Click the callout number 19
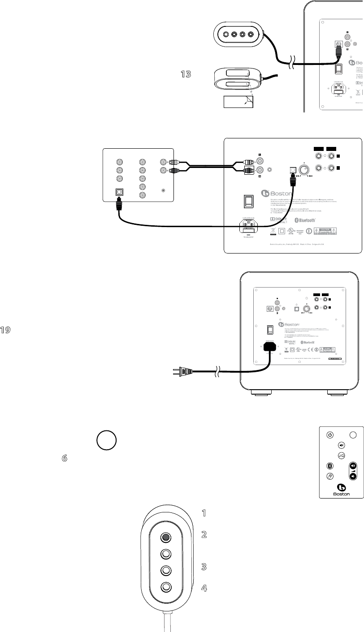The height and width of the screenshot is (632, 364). pyautogui.click(x=5, y=330)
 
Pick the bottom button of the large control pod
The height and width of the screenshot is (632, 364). pyautogui.click(x=166, y=587)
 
